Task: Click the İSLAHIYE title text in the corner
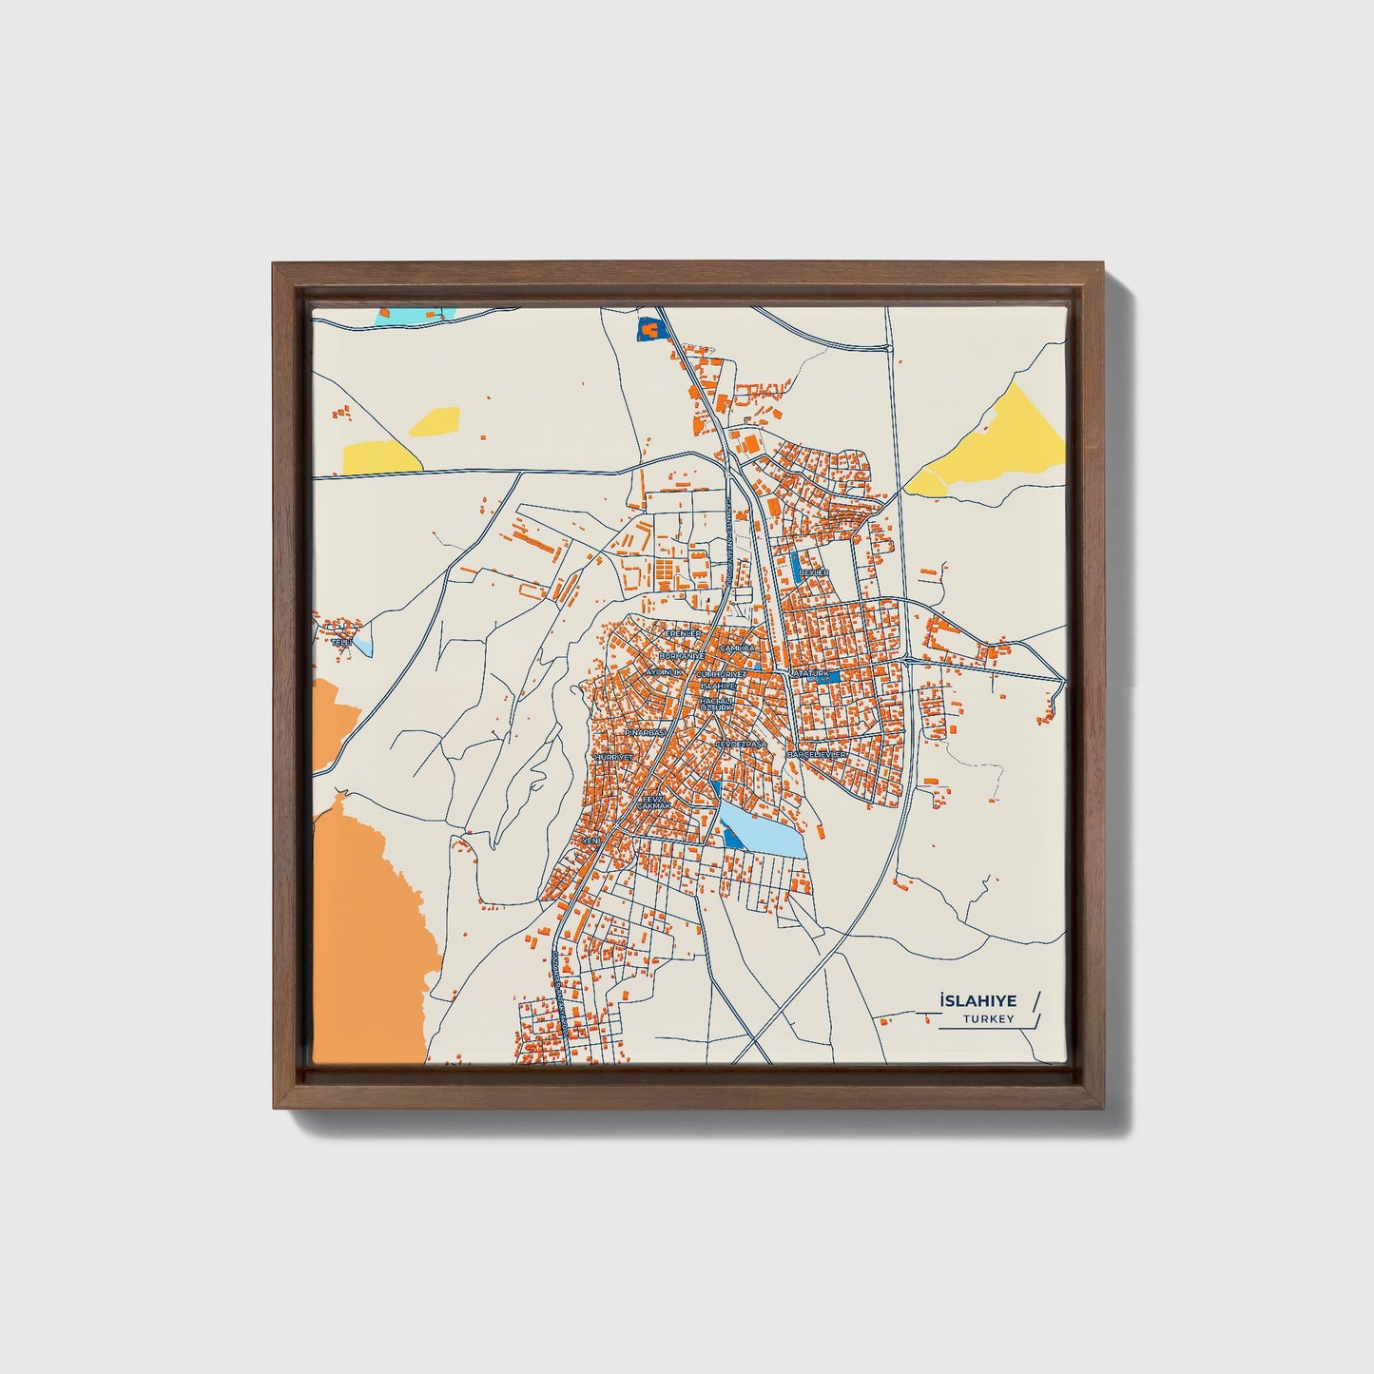[977, 1001]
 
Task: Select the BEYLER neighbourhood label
[814, 572]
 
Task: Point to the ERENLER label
[683, 633]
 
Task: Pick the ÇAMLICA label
[737, 648]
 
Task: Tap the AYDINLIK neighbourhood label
[665, 671]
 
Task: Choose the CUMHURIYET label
[725, 673]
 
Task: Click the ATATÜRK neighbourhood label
[811, 673]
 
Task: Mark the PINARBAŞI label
[644, 734]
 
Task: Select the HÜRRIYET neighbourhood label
[613, 757]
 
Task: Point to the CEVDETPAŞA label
[741, 744]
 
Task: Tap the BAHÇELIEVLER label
[816, 754]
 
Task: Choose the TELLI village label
[340, 644]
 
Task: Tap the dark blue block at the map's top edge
[648, 327]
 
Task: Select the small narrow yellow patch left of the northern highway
[434, 419]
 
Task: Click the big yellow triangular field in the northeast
[1003, 440]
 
